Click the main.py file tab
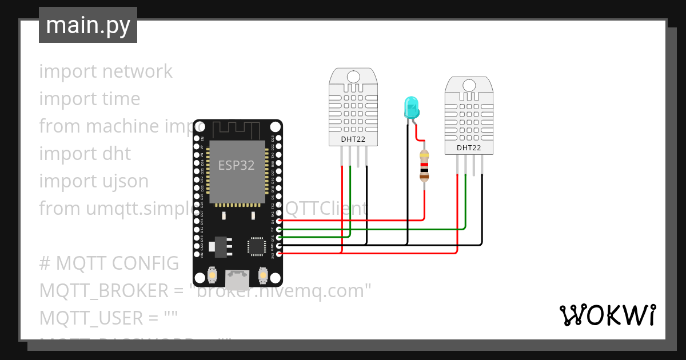click(87, 25)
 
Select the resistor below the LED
click(424, 166)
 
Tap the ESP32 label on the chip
click(236, 165)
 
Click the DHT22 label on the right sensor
click(468, 148)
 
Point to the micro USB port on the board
click(237, 279)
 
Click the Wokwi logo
click(607, 315)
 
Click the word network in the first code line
click(137, 71)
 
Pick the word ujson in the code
click(124, 181)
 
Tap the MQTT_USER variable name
click(91, 318)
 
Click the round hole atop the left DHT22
click(353, 77)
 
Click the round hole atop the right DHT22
click(468, 85)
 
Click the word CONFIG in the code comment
click(145, 263)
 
